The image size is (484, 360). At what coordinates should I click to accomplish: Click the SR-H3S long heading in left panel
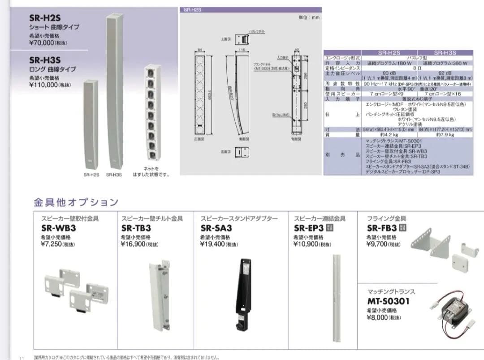point(45,60)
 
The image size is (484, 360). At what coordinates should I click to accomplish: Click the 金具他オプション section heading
point(76,202)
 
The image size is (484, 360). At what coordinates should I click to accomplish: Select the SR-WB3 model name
point(58,228)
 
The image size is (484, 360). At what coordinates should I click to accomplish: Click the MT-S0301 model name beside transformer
point(394,301)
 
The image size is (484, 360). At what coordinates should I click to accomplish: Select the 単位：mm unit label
point(309,17)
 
